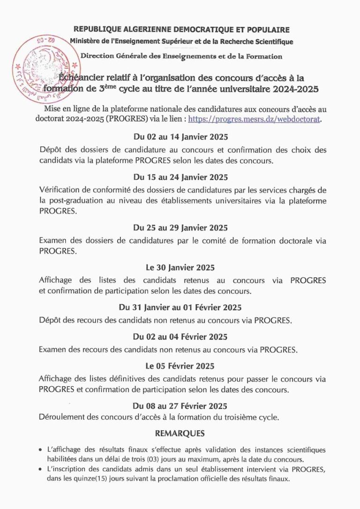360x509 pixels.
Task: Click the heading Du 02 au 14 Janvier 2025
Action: tap(180, 137)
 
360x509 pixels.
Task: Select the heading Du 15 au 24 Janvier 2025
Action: tap(180, 177)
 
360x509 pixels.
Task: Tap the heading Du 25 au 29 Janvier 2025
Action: tap(180, 228)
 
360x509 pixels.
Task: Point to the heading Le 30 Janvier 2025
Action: tap(180, 268)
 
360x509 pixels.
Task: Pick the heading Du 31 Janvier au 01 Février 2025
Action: tap(180, 307)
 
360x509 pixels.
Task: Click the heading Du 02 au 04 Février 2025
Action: tap(180, 337)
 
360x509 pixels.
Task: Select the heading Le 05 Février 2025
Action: tap(180, 366)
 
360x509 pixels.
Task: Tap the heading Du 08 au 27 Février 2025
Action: tap(180, 405)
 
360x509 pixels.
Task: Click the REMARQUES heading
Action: tap(180, 434)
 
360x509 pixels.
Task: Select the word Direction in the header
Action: tap(98, 57)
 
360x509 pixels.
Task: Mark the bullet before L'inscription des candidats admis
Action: tap(41, 470)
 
